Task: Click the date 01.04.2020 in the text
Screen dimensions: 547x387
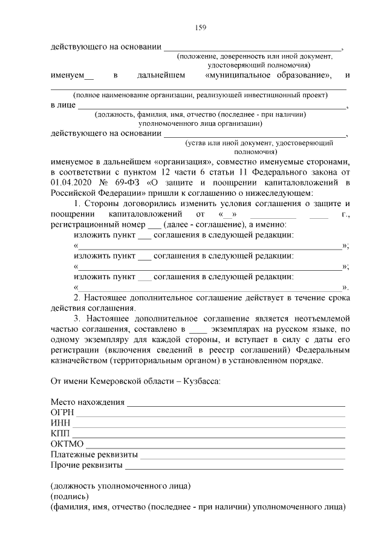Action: coord(72,182)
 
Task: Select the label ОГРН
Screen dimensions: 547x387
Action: coord(61,413)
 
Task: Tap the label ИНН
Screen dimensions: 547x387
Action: coord(59,423)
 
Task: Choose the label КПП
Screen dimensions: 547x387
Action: coord(60,434)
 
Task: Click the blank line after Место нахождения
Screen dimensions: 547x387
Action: coord(236,403)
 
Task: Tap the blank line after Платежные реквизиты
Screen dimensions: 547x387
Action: coord(242,455)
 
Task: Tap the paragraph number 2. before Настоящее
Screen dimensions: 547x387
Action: coord(77,298)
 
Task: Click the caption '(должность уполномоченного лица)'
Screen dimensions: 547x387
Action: coord(121,485)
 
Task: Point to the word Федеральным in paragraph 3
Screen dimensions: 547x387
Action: coord(322,350)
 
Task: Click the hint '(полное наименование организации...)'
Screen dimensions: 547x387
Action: coord(200,95)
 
